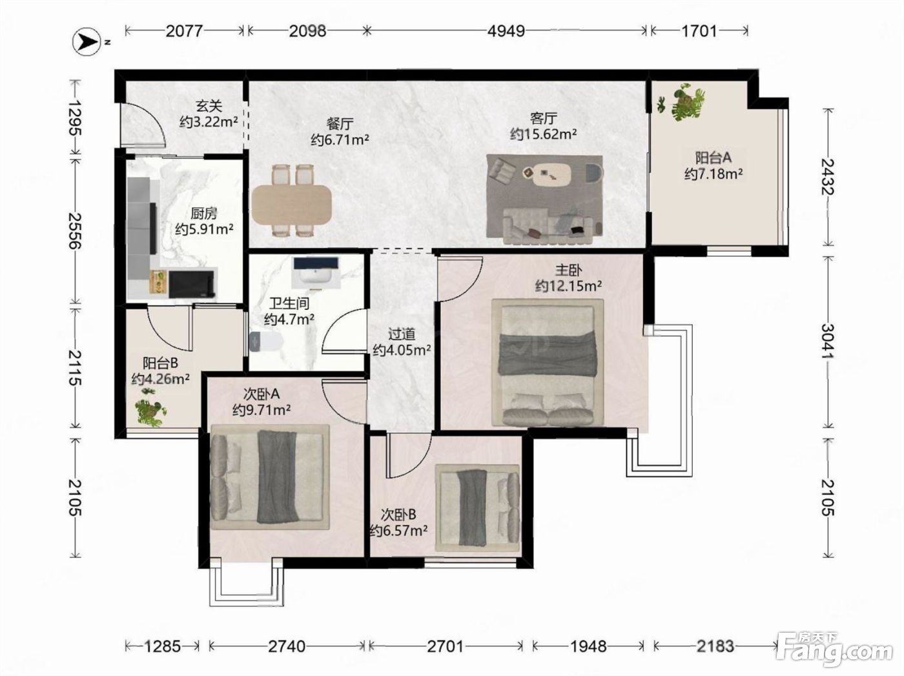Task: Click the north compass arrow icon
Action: pos(87,41)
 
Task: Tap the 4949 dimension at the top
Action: pos(506,31)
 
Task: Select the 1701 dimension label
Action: pos(699,31)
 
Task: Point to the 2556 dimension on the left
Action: pos(75,231)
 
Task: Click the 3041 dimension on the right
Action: pos(828,342)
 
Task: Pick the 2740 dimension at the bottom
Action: pos(287,646)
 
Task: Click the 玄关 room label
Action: pos(209,107)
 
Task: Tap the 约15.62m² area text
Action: pos(543,134)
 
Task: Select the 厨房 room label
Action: pos(204,213)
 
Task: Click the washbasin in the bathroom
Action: pos(316,272)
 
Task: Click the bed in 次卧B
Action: pos(478,508)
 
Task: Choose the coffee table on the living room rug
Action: pos(551,174)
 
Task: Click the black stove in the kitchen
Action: pos(192,284)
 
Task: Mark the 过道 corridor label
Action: pos(402,334)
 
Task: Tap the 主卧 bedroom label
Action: pos(568,270)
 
